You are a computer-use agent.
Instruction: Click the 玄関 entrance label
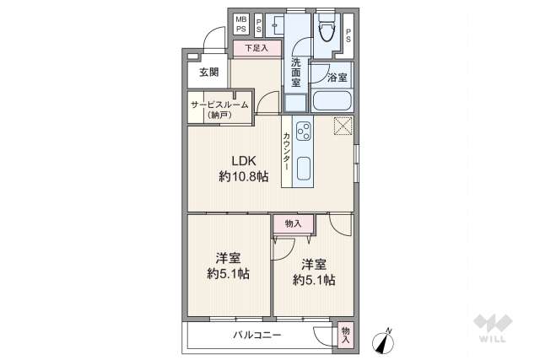pyautogui.click(x=208, y=73)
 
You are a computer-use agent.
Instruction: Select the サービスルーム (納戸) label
pyautogui.click(x=219, y=109)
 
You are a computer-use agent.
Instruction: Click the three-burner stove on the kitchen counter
pyautogui.click(x=303, y=131)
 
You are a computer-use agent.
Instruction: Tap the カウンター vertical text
pyautogui.click(x=288, y=152)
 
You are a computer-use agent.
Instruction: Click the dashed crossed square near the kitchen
pyautogui.click(x=343, y=126)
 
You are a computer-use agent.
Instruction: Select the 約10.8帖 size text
pyautogui.click(x=244, y=177)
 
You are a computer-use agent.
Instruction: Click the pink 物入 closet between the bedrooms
pyautogui.click(x=293, y=223)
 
